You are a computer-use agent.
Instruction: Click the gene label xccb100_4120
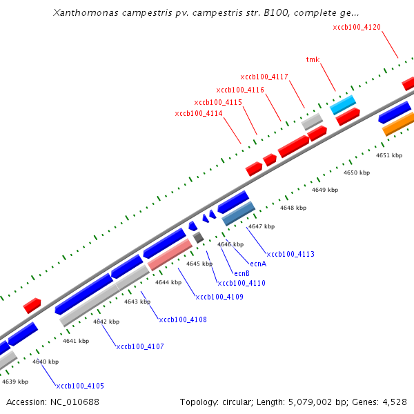[357, 27]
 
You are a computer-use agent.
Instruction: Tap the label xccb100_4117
[264, 77]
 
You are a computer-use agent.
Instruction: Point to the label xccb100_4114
[199, 114]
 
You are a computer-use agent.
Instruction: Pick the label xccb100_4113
[290, 254]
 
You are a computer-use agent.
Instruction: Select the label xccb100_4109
[219, 297]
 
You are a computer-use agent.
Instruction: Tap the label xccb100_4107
[140, 346]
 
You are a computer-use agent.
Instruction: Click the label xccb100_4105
[80, 386]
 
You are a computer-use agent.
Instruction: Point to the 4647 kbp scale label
[262, 226]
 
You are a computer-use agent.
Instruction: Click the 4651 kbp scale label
[388, 155]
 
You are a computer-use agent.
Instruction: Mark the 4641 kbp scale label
[76, 341]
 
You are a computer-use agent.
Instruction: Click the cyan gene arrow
[344, 105]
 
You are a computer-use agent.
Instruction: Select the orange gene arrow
[397, 124]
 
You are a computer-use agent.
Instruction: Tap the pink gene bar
[170, 255]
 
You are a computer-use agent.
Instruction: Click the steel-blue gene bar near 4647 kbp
[239, 214]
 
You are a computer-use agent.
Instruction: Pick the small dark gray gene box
[198, 237]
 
